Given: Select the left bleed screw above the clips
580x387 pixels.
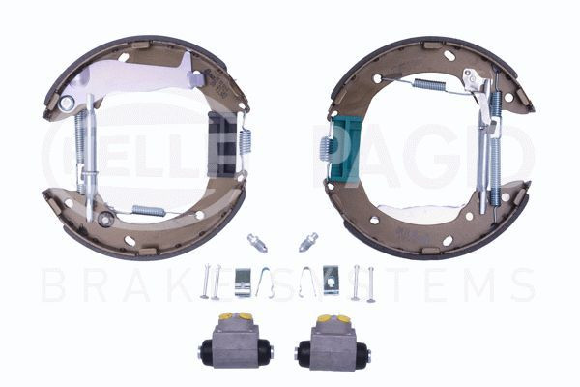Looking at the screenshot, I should (x=255, y=240).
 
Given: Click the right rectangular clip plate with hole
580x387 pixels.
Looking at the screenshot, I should (x=331, y=280).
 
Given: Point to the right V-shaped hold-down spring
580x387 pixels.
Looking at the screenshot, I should (x=306, y=282).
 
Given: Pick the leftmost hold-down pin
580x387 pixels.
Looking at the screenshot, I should (x=204, y=282).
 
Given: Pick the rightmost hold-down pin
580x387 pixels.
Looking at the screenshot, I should (x=370, y=283).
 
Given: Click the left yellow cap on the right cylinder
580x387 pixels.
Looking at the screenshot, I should (x=319, y=318).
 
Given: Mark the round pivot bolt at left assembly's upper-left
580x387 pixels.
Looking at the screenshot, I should (x=67, y=102).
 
